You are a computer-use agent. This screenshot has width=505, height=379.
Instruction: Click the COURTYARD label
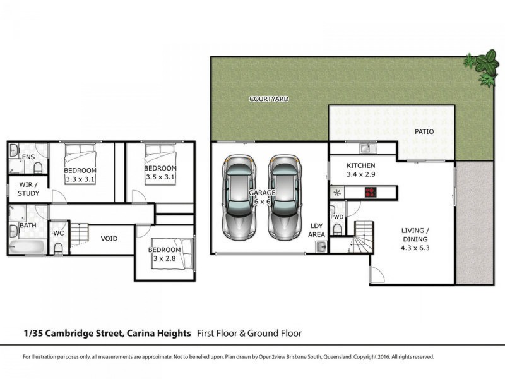point(269,99)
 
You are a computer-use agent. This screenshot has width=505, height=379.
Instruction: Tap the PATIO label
point(424,132)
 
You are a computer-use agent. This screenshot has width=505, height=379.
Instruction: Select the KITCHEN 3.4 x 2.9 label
point(361,171)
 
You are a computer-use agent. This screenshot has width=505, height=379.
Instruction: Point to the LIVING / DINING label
point(415,236)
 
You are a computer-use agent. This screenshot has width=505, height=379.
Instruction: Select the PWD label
point(336,216)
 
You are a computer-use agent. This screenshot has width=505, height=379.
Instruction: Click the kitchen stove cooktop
point(369,193)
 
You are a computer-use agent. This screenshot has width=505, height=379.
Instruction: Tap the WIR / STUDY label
point(28,189)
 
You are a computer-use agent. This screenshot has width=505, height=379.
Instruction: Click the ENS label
point(28,157)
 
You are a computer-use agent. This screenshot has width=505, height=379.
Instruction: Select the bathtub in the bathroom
point(27,246)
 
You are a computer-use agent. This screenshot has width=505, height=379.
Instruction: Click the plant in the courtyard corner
point(484,66)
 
